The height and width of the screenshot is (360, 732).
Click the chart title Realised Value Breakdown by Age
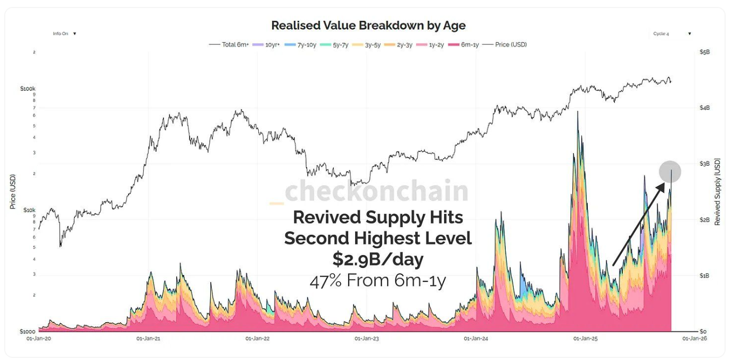368,26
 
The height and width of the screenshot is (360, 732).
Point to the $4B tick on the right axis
704,108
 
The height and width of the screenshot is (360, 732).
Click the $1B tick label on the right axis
704,276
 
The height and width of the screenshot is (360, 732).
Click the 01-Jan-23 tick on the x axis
367,338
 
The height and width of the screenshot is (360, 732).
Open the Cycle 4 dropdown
672,34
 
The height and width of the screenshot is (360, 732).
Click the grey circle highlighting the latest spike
670,171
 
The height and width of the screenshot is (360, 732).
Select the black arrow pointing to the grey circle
639,224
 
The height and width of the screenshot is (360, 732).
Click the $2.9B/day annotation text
378,259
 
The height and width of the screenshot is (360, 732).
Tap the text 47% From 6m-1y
378,280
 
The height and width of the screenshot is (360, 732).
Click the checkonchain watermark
376,191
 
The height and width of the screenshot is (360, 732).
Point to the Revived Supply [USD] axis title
718,192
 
